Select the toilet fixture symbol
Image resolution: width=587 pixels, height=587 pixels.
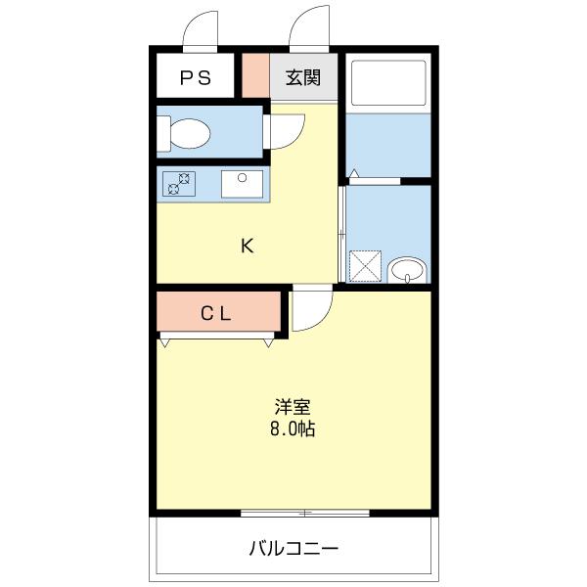(x=186, y=132)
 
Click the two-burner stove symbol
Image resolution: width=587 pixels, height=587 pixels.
(x=179, y=183)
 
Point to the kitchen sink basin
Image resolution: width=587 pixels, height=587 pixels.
(x=240, y=183)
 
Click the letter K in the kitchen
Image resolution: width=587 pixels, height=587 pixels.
(x=248, y=246)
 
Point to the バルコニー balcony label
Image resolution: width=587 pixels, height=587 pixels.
(x=293, y=548)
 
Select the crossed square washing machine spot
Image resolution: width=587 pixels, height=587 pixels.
(x=367, y=265)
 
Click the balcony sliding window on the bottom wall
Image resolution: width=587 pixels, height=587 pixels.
(x=304, y=513)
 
